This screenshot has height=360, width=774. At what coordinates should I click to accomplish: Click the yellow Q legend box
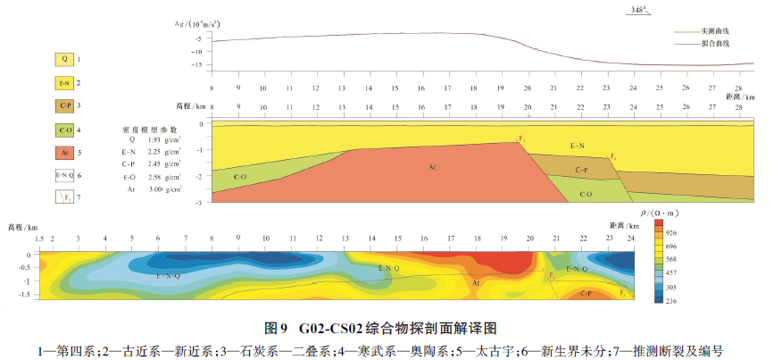(x=65, y=60)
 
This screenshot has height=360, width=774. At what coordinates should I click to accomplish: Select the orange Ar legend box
(x=65, y=153)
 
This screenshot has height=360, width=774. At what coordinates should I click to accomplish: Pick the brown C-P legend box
(x=65, y=106)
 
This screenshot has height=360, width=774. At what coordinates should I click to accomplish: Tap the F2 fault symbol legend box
(x=65, y=197)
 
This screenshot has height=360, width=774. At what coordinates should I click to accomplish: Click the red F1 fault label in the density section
(x=521, y=138)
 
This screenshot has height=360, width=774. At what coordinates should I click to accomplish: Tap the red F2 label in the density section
(x=613, y=157)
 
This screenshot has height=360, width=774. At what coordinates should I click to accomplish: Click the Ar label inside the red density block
(x=431, y=167)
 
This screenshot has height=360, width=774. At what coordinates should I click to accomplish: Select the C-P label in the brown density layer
(x=582, y=169)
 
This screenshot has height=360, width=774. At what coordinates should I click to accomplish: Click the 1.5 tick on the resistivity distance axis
(x=40, y=240)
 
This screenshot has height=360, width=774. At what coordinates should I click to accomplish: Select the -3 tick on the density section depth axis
(x=202, y=204)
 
